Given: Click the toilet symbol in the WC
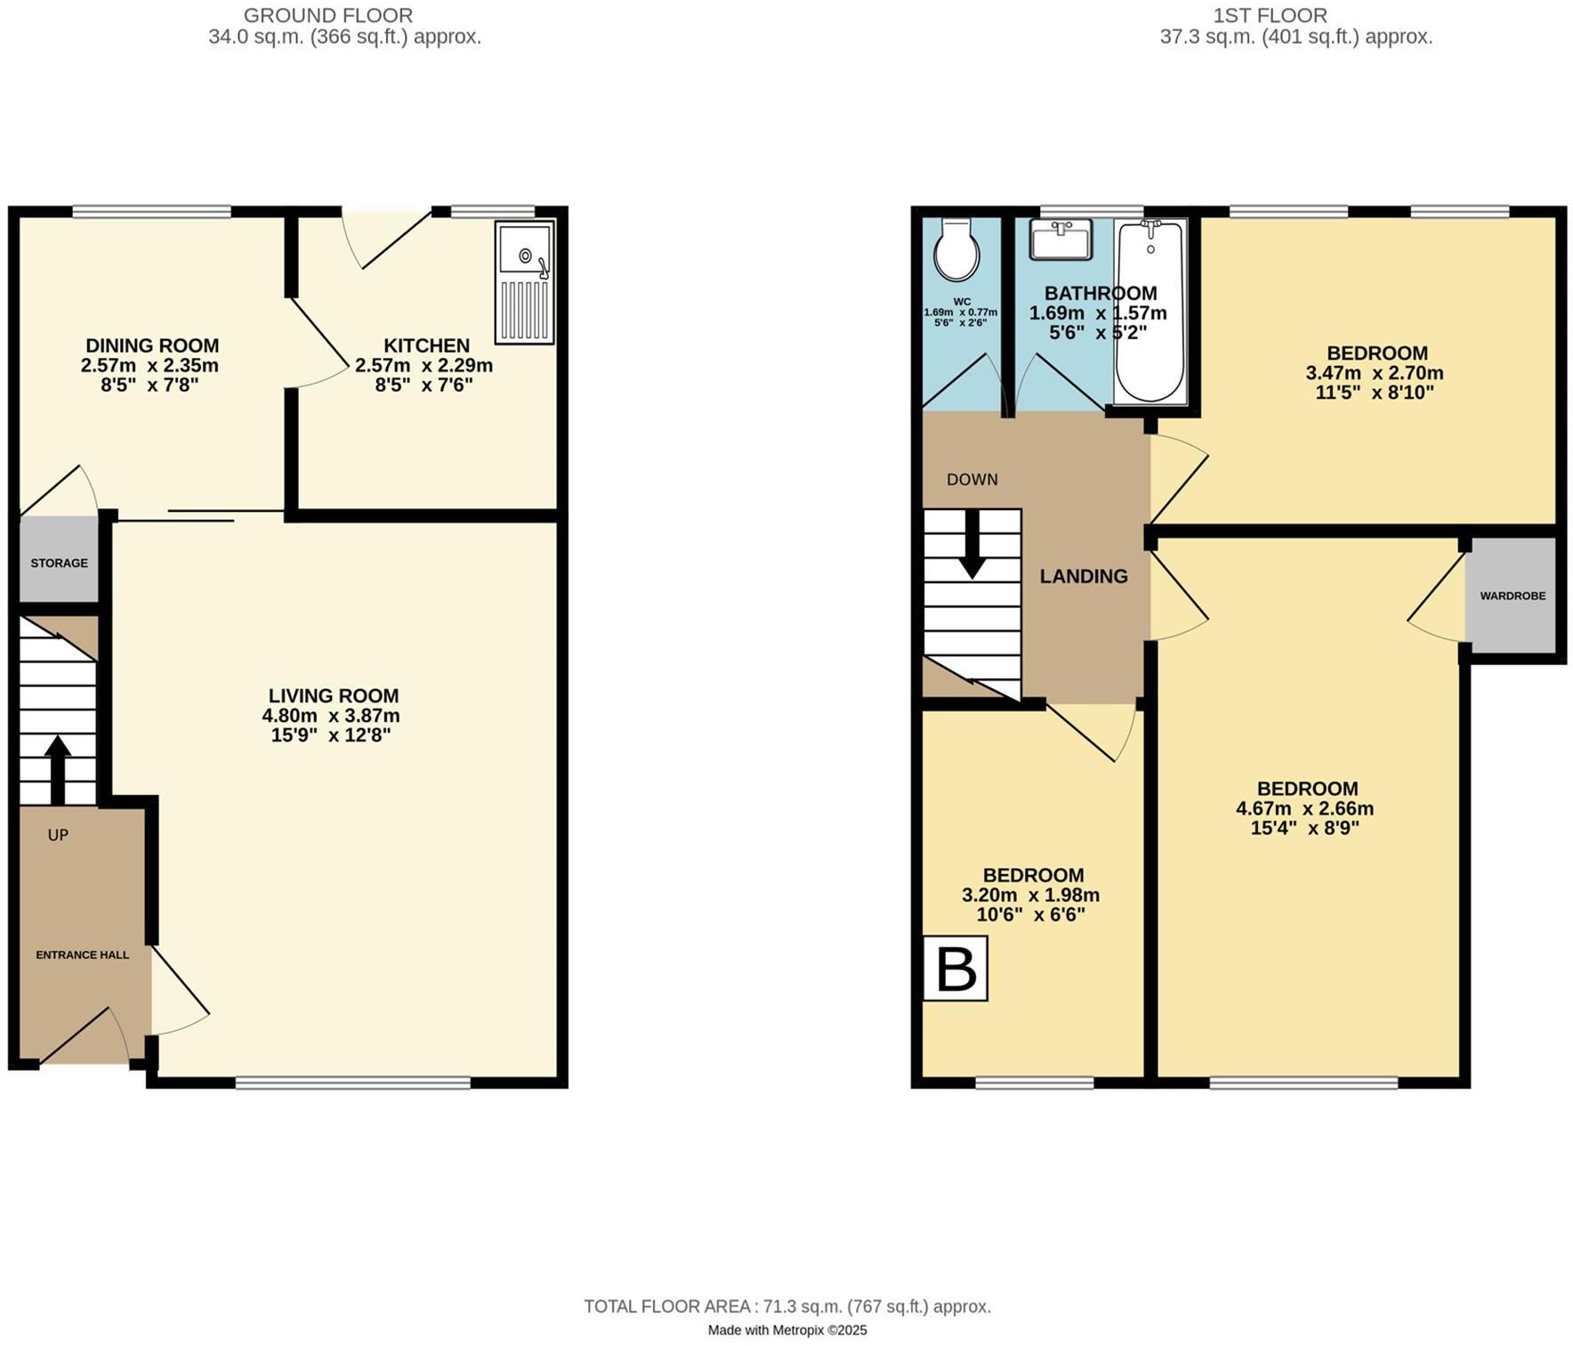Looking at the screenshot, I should [x=956, y=250].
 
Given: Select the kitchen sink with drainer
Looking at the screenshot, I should [x=526, y=281].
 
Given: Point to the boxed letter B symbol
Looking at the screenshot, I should [x=956, y=969].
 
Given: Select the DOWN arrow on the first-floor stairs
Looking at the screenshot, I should [x=972, y=544].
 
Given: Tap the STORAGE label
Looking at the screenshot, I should [x=60, y=564].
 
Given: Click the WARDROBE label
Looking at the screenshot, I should [x=1512, y=596].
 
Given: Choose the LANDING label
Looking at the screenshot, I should [x=1084, y=577].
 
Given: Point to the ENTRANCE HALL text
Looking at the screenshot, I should [x=83, y=955].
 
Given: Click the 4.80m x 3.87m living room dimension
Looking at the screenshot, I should [x=331, y=716].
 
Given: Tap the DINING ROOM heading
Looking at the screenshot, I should [x=152, y=345].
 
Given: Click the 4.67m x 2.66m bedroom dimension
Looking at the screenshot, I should [x=1305, y=809].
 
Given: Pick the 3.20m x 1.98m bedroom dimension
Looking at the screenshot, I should [x=1031, y=896].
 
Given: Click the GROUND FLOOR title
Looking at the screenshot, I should [x=327, y=16].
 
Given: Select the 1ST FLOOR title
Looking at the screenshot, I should [x=1270, y=16].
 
